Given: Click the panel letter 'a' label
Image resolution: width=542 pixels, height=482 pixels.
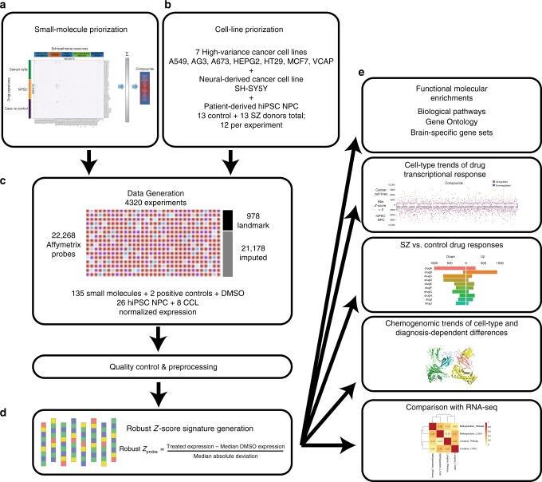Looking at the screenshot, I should [x=5, y=6].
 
